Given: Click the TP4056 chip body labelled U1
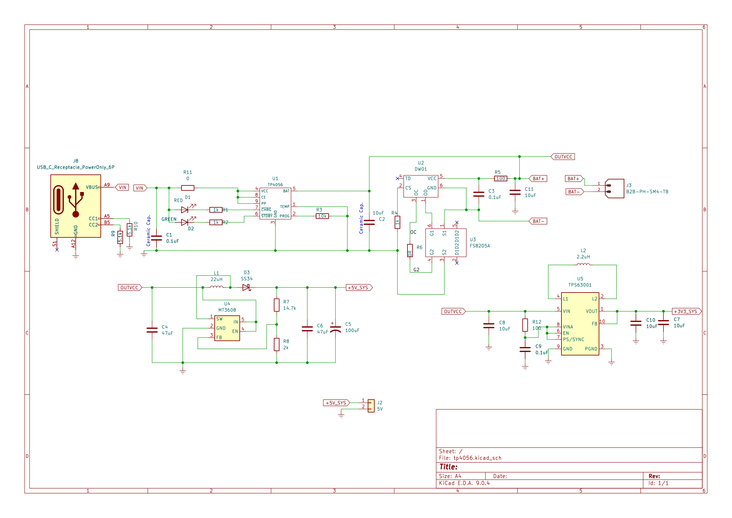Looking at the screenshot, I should [x=275, y=204].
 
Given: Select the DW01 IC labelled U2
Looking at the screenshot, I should [x=421, y=186].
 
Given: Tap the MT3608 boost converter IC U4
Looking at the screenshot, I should [x=227, y=328].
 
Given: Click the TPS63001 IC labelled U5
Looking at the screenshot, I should [x=580, y=324].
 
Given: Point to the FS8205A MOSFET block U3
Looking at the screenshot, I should [x=446, y=243].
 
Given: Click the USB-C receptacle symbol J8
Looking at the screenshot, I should [x=75, y=206].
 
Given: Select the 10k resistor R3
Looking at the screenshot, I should [x=322, y=216].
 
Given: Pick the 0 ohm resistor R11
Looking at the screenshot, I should [x=187, y=188].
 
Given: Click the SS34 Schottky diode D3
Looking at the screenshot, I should [x=246, y=288].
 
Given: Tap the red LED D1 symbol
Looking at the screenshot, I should [x=185, y=210].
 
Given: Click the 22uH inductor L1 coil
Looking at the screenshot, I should [x=217, y=287].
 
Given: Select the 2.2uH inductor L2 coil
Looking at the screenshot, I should [x=583, y=265].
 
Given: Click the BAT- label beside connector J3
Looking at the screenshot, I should [x=574, y=192].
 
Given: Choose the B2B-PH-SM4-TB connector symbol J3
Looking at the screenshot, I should [x=614, y=189].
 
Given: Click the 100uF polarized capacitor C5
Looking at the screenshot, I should [x=335, y=329].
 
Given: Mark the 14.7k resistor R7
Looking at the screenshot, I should [x=277, y=305].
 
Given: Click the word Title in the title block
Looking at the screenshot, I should [x=448, y=467].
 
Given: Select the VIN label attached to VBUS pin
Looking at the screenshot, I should [x=122, y=188].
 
